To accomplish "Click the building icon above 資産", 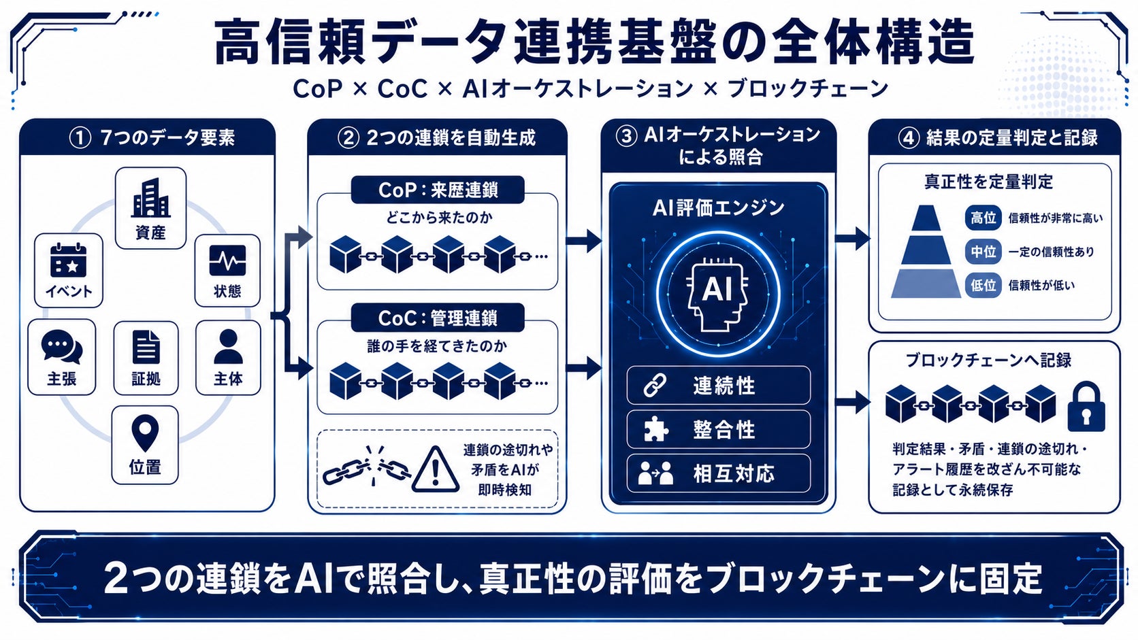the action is [150, 197].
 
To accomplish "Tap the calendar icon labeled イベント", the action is [68, 261].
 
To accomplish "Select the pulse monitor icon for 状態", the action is [227, 260].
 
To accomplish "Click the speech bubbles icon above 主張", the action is [61, 347].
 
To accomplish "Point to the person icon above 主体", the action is [228, 347].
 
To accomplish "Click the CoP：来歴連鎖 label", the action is [438, 190].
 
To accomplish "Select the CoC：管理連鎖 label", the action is [438, 318].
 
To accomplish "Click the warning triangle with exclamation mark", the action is [436, 471].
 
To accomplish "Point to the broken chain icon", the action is [368, 468].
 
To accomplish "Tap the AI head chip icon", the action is [717, 294].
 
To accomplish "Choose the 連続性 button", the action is [718, 385].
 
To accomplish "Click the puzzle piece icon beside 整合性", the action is [656, 429].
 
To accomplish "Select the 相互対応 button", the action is [718, 473].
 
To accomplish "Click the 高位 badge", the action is [983, 218].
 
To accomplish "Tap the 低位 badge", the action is [983, 285].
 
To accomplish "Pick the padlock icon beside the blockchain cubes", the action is [1086, 407].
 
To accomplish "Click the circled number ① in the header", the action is [80, 137].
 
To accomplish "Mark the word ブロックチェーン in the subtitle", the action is [809, 89].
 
